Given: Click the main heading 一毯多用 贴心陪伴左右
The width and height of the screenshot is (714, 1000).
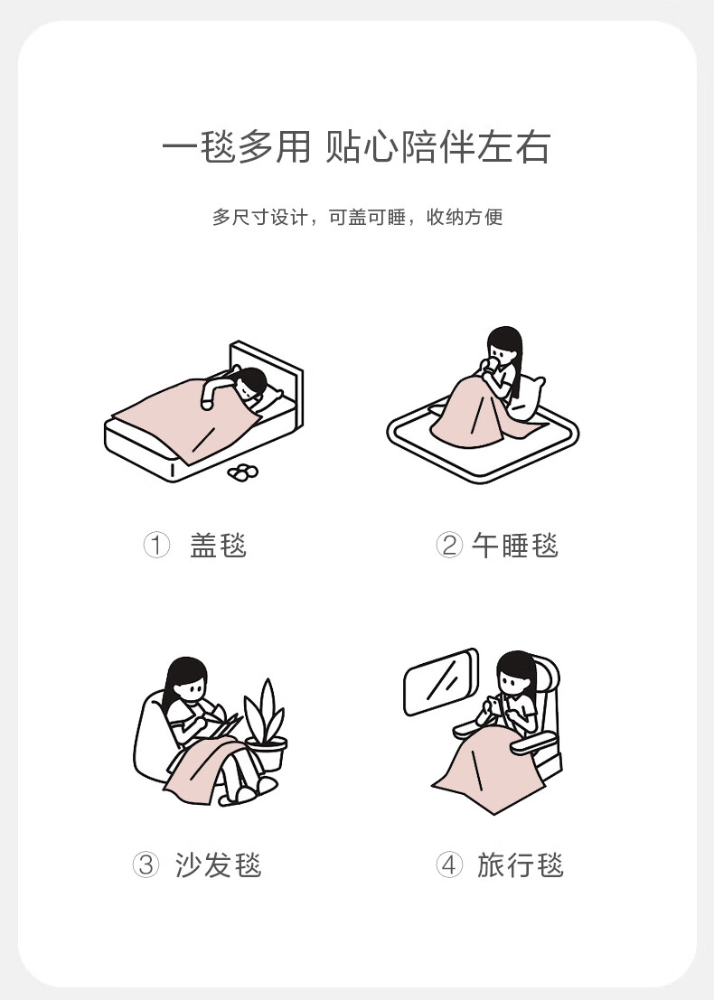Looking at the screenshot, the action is pos(356,147).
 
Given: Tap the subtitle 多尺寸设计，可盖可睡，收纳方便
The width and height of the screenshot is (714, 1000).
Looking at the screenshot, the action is pos(357,217).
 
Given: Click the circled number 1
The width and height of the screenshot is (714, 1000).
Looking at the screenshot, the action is pos(156,546).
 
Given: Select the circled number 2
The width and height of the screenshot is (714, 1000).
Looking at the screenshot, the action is pos(449,546).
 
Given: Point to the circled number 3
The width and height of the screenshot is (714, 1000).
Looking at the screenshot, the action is pos(146,864).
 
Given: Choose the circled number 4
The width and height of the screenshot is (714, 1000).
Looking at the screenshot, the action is pos(449,864).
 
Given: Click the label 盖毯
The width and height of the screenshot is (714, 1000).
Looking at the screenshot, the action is pos(218,546).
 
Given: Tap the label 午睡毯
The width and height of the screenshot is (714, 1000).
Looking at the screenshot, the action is pos(515,546).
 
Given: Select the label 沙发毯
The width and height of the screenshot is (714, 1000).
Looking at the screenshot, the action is pos(218,864).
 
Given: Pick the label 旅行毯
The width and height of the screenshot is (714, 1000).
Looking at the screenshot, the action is pos(520,864).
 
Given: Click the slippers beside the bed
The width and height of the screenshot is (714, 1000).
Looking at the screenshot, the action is pos(243,472).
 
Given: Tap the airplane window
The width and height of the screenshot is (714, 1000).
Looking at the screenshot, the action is pos(441,681).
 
